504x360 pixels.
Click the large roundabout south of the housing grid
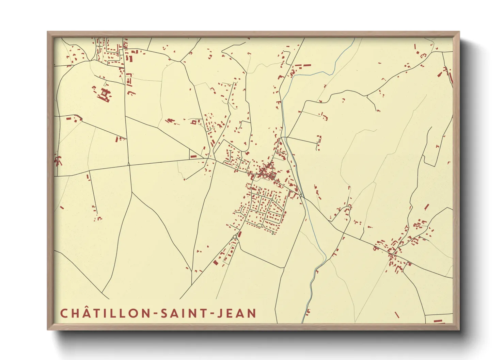pyautogui.click(x=235, y=237)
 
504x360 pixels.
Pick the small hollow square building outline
pyautogui.click(x=194, y=121)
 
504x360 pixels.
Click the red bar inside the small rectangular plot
pyautogui.click(x=193, y=157)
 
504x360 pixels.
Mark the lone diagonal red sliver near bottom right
pyautogui.click(x=397, y=315)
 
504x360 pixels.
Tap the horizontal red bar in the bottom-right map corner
pyautogui.click(x=438, y=321)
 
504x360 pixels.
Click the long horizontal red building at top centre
pyautogui.click(x=303, y=65)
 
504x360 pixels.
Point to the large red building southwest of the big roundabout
pyautogui.click(x=215, y=262)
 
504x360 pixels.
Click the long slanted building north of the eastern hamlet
pyautogui.click(x=426, y=207)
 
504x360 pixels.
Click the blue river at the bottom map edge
pyautogui.click(x=303, y=320)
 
